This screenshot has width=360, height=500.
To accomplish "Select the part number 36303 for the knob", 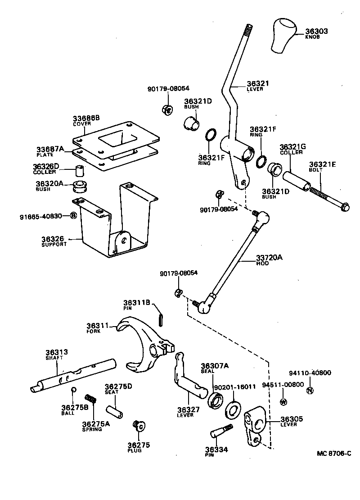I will (x=316, y=32).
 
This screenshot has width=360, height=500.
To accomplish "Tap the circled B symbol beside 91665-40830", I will (x=73, y=216).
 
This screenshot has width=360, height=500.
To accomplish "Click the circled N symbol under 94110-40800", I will (x=309, y=390).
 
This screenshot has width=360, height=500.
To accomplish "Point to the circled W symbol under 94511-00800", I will (x=283, y=402).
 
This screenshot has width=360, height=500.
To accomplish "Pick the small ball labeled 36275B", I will (x=73, y=389).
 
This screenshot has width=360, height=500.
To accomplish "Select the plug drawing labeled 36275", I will (x=139, y=425).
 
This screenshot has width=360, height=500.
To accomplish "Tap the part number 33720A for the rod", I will (x=269, y=258).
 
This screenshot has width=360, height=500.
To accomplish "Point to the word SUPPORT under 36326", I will (x=54, y=244).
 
